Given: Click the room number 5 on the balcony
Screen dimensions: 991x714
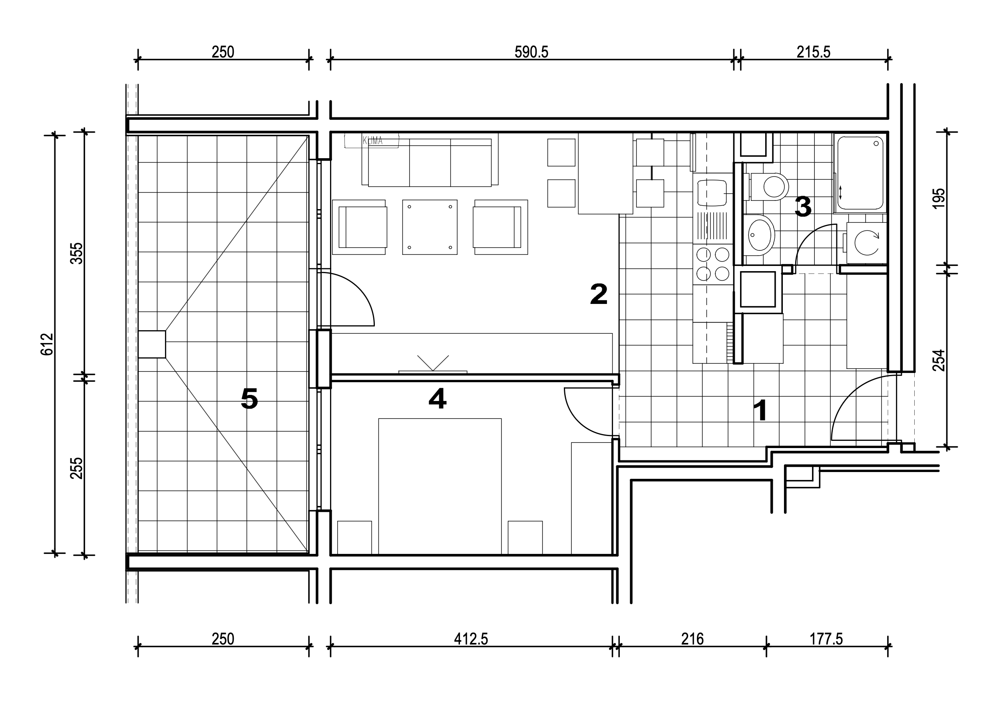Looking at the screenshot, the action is tap(249, 398).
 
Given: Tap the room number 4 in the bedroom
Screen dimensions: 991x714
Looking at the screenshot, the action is tap(438, 398).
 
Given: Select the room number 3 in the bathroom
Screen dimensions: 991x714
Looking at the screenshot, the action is tap(803, 206).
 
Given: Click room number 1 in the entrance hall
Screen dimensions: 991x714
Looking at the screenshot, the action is tap(761, 411).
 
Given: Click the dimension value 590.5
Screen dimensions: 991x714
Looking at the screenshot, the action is tap(531, 52).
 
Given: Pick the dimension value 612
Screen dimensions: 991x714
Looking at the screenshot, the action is tap(47, 344).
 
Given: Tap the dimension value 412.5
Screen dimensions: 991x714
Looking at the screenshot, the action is tap(471, 639).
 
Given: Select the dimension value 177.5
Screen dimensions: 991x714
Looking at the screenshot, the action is tap(826, 639).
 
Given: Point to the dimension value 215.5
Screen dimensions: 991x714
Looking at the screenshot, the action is tap(814, 52).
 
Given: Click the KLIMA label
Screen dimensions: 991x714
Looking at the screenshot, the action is tap(372, 141).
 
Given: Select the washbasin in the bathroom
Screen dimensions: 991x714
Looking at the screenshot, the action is tap(759, 235).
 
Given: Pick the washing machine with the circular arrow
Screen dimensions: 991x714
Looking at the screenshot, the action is tap(866, 243).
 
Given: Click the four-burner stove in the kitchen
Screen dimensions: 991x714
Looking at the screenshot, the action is tap(712, 264).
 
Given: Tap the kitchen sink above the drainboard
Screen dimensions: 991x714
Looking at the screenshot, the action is tap(712, 192).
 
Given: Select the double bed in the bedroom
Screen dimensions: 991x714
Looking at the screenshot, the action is tap(440, 486).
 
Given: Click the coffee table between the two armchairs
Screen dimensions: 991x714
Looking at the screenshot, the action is tap(430, 227).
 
